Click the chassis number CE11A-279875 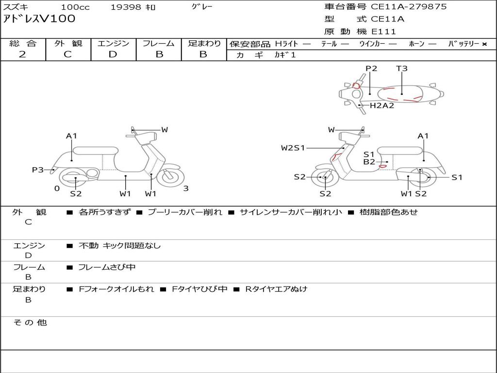409,7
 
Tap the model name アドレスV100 39,19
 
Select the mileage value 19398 126,7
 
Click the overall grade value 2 22,54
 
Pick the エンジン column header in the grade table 113,43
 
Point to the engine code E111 383,32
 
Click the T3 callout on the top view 401,68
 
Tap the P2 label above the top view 371,68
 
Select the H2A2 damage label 382,105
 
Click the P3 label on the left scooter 38,170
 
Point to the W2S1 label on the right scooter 293,148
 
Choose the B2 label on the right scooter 369,162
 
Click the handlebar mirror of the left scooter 133,129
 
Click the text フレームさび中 107,267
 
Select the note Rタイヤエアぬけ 276,289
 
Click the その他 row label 30,322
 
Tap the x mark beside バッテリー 484,44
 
